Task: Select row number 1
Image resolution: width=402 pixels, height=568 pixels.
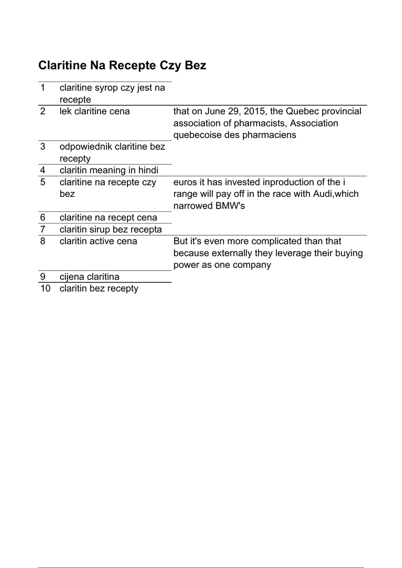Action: (43, 88)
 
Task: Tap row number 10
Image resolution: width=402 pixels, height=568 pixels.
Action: (45, 288)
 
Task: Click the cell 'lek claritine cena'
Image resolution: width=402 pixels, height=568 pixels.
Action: (95, 111)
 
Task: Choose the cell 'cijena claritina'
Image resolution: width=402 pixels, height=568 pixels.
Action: (89, 277)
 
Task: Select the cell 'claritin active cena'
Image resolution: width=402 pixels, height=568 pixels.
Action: (99, 241)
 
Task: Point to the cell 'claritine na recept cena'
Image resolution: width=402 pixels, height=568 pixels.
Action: (109, 218)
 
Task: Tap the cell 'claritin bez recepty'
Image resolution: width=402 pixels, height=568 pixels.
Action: (99, 288)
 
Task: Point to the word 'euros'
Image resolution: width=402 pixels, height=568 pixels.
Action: (186, 182)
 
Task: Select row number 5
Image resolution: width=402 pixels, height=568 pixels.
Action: (43, 182)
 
